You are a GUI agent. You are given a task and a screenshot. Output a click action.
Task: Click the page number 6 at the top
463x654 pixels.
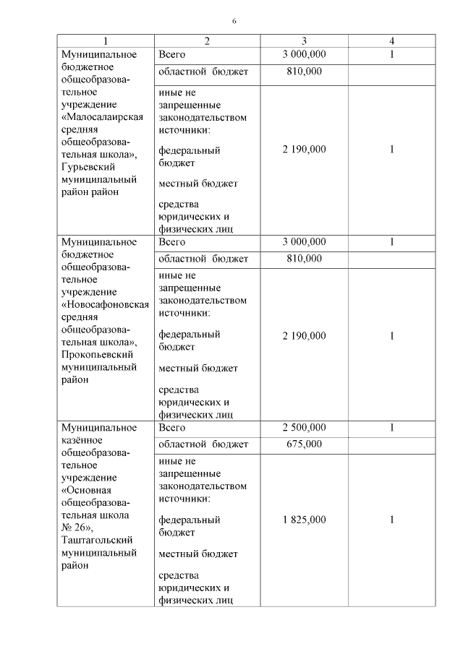(234, 20)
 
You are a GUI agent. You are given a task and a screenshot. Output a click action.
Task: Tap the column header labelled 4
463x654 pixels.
(391, 41)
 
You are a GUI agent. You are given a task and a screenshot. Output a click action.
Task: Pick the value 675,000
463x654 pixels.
(304, 444)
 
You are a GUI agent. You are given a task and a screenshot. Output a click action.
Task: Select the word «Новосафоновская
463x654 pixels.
(106, 304)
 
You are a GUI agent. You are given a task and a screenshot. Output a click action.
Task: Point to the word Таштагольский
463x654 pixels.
(98, 540)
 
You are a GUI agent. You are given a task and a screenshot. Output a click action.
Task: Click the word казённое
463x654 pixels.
(82, 439)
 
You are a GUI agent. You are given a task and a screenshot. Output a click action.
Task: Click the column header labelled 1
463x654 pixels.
(106, 41)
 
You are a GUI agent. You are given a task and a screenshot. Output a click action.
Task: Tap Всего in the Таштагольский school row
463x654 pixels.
(172, 427)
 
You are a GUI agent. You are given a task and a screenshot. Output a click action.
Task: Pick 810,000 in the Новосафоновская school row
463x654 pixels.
(304, 258)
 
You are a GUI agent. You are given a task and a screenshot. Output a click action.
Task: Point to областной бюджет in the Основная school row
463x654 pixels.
(203, 444)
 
